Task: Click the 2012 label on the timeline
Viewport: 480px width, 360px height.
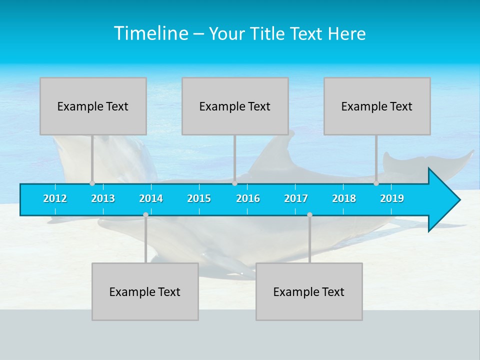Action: point(55,198)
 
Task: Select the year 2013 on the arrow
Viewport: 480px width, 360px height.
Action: point(103,198)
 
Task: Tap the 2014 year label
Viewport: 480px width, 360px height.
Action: point(151,198)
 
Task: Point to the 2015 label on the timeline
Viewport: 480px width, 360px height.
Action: point(199,198)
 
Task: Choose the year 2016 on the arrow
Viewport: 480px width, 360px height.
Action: point(248,198)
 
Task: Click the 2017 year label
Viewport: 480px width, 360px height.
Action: point(296,198)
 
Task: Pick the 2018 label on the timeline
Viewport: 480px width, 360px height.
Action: point(344,198)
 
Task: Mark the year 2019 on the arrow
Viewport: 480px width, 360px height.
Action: point(392,198)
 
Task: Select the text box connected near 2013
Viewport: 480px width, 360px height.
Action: point(93,106)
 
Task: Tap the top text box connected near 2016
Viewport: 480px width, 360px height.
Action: point(235,106)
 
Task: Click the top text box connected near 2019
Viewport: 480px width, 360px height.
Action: point(377,106)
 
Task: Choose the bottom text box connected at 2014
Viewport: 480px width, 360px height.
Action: point(145,291)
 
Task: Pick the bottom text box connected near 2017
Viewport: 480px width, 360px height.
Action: point(309,291)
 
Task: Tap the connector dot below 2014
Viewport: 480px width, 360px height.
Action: point(145,214)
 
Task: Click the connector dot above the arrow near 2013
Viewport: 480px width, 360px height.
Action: point(92,183)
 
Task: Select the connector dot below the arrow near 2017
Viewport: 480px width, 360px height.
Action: point(309,214)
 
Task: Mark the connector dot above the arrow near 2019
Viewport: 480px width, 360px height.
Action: point(376,183)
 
